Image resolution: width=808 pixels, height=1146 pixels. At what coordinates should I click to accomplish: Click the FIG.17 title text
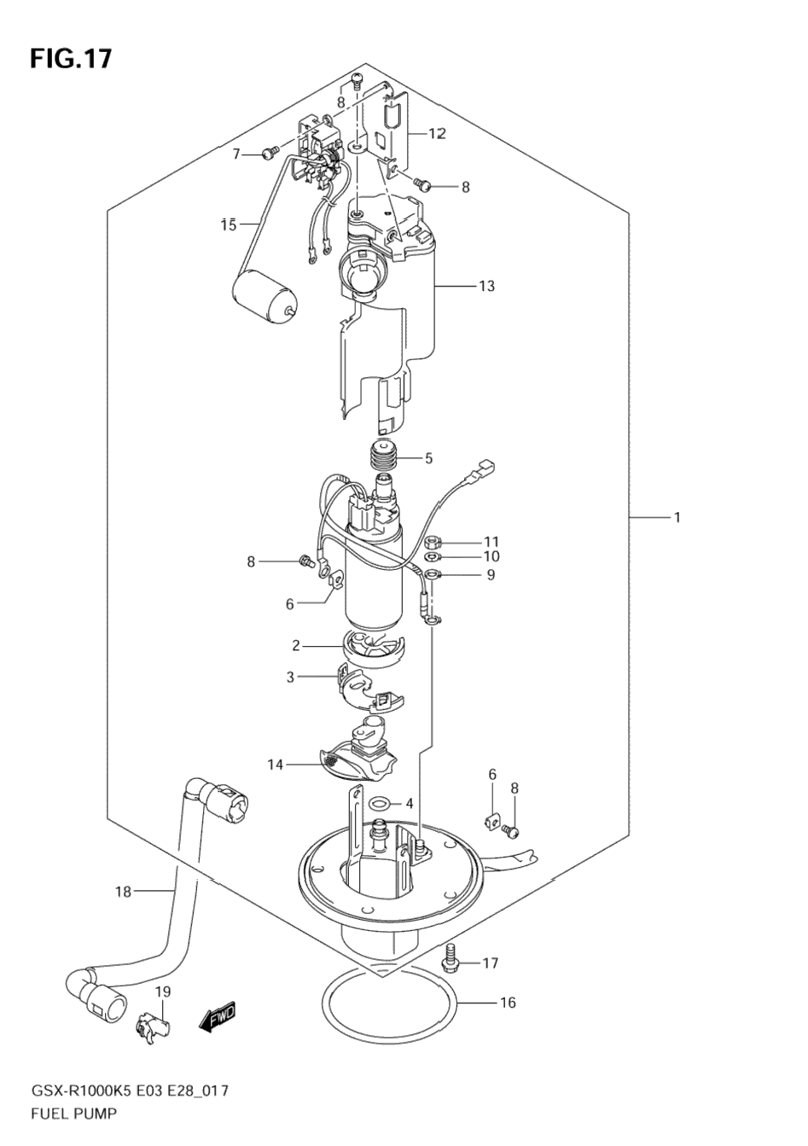tap(71, 59)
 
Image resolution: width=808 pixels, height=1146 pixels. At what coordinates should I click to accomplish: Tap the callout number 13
tap(487, 286)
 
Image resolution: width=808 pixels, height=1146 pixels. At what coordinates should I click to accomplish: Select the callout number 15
tap(229, 224)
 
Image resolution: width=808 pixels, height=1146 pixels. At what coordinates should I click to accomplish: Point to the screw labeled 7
tap(270, 152)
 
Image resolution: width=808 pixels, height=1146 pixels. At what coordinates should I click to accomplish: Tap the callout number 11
tap(491, 541)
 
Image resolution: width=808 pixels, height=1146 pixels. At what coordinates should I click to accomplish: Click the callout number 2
tap(295, 646)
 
